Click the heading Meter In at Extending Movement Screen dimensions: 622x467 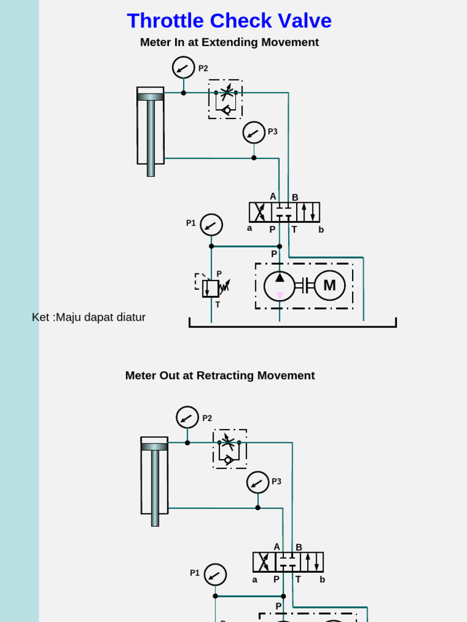(x=229, y=43)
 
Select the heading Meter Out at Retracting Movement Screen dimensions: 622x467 (x=220, y=375)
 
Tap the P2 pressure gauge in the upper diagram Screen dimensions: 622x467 (x=184, y=67)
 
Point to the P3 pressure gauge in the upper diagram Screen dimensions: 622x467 (x=254, y=132)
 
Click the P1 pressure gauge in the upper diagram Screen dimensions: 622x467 (x=212, y=225)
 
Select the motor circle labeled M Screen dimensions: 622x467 (x=330, y=285)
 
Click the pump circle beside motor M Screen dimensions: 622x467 (x=280, y=286)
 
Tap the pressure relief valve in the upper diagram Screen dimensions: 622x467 (x=210, y=288)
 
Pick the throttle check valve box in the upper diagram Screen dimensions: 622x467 (x=226, y=99)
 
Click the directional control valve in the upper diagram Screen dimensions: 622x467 (x=284, y=212)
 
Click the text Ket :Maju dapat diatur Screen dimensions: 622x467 (x=89, y=317)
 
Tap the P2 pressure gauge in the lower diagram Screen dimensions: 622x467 (x=187, y=417)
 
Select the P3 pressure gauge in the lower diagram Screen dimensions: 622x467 (x=258, y=482)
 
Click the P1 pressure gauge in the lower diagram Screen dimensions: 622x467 (x=215, y=575)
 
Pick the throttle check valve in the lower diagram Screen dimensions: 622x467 (x=230, y=449)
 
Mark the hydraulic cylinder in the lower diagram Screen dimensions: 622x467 (x=154, y=476)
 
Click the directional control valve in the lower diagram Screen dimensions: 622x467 (x=288, y=562)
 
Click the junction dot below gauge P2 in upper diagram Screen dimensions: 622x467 (x=184, y=93)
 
